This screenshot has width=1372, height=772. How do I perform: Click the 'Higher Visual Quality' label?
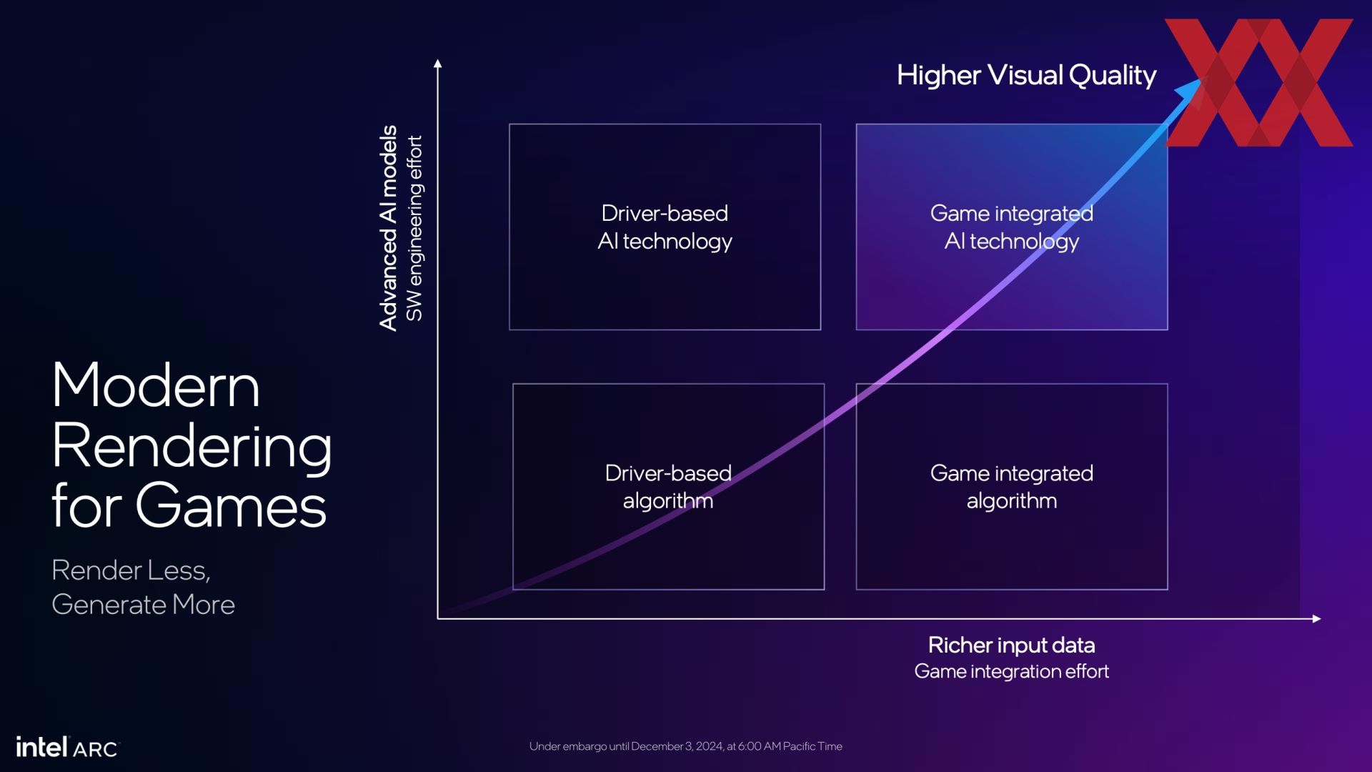[1026, 75]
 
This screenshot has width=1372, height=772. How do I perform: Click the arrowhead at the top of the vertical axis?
[438, 64]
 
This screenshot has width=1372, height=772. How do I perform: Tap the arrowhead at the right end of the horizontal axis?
[1316, 618]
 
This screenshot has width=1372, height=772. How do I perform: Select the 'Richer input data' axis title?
[1011, 645]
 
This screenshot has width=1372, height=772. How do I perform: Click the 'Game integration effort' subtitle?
[1011, 671]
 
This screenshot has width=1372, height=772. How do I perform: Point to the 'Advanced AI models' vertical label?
[388, 228]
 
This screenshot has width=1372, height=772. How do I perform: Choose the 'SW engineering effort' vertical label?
[414, 228]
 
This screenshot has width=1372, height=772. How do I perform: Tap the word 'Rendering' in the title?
[192, 447]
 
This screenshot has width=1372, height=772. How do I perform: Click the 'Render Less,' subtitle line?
[131, 570]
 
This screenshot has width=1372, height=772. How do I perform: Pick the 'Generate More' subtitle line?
[143, 605]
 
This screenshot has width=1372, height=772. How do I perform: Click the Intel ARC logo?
[67, 747]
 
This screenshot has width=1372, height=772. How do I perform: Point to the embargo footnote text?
[685, 746]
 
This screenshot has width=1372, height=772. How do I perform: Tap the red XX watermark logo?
[1258, 83]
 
